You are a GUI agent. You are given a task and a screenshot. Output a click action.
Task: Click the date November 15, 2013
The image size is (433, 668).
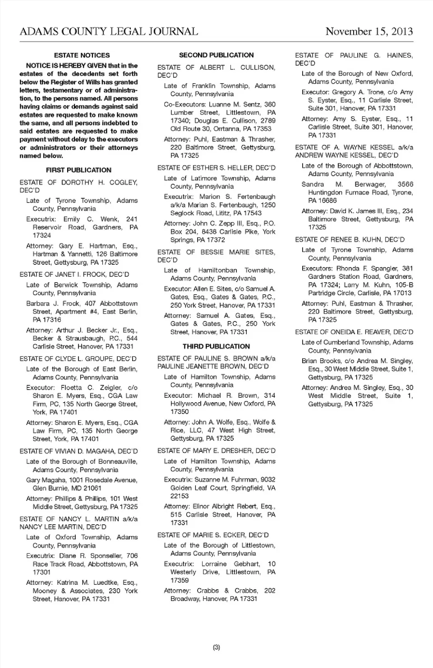coord(369,31)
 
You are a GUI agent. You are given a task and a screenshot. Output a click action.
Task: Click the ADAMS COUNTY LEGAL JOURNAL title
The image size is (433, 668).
coord(109,31)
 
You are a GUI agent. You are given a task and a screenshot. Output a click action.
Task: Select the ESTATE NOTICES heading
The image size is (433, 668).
coord(82,55)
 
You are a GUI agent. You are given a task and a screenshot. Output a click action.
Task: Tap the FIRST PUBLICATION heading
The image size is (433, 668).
coord(78,170)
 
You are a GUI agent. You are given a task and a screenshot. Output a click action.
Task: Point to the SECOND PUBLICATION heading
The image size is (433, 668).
coord(216,55)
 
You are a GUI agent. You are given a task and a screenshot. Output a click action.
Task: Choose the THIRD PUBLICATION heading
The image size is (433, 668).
coord(216,346)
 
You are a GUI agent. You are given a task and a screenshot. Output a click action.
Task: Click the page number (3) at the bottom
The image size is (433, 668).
coord(216,647)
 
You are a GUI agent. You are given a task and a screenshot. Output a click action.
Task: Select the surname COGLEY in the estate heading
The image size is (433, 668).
coord(123,182)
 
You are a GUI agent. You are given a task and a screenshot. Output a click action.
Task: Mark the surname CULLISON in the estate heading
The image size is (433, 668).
coord(257,67)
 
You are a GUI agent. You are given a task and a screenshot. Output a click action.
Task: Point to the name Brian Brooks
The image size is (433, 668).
coord(319,361)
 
